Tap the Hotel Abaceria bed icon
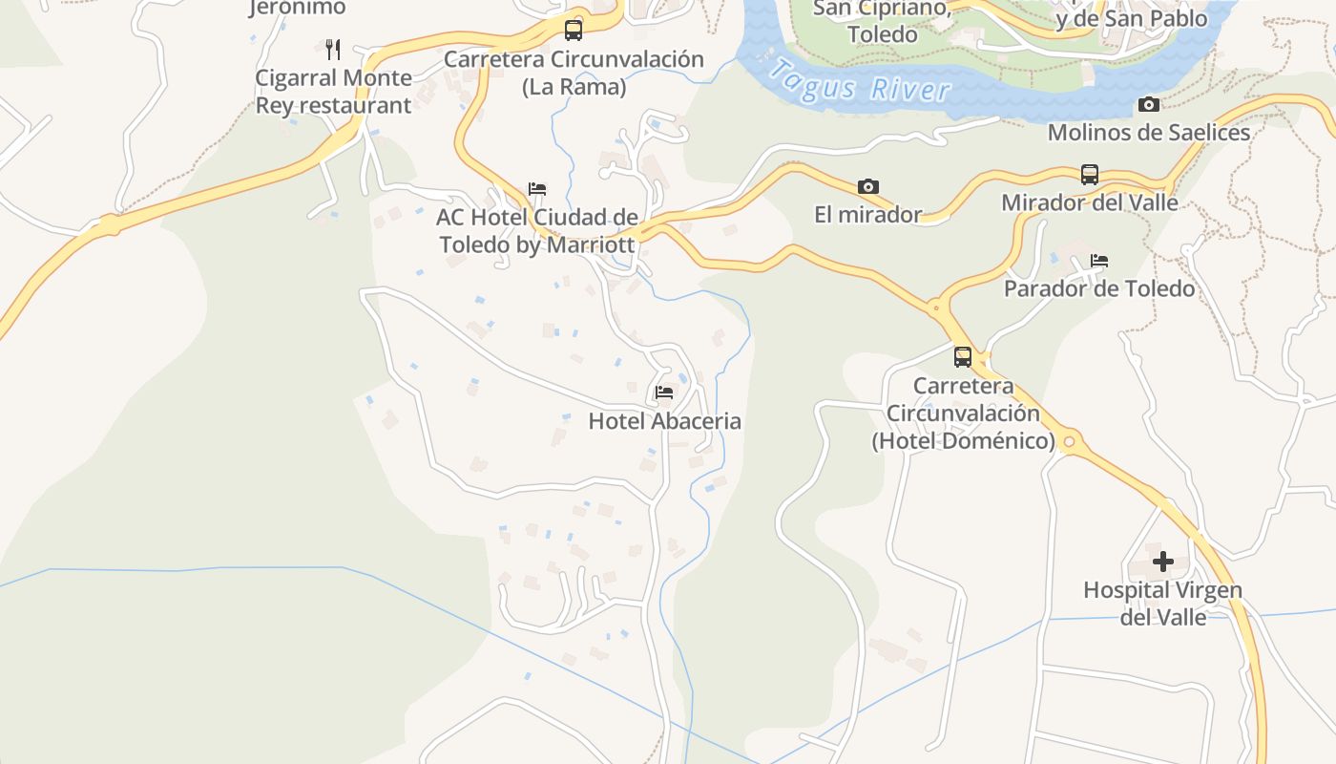pyautogui.click(x=664, y=392)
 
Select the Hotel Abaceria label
pyautogui.click(x=664, y=421)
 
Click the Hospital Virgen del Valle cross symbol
pyautogui.click(x=1162, y=562)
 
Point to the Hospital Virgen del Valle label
pyautogui.click(x=1162, y=603)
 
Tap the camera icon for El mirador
pyautogui.click(x=867, y=186)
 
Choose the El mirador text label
pyautogui.click(x=867, y=215)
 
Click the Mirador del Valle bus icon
pyautogui.click(x=1090, y=175)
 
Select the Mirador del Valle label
pyautogui.click(x=1090, y=202)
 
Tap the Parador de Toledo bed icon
pyautogui.click(x=1099, y=260)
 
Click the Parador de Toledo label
pyautogui.click(x=1099, y=288)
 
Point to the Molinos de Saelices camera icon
pyautogui.click(x=1149, y=104)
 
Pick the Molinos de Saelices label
pyautogui.click(x=1149, y=133)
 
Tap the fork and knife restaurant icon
pyautogui.click(x=333, y=50)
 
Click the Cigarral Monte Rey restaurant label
pyautogui.click(x=333, y=91)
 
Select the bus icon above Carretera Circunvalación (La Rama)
pyautogui.click(x=574, y=31)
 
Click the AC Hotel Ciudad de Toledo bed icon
pyautogui.click(x=537, y=188)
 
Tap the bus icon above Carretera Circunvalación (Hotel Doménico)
pyautogui.click(x=963, y=357)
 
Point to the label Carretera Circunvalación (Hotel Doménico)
pyautogui.click(x=963, y=414)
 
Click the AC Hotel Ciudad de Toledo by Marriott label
pyautogui.click(x=537, y=230)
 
